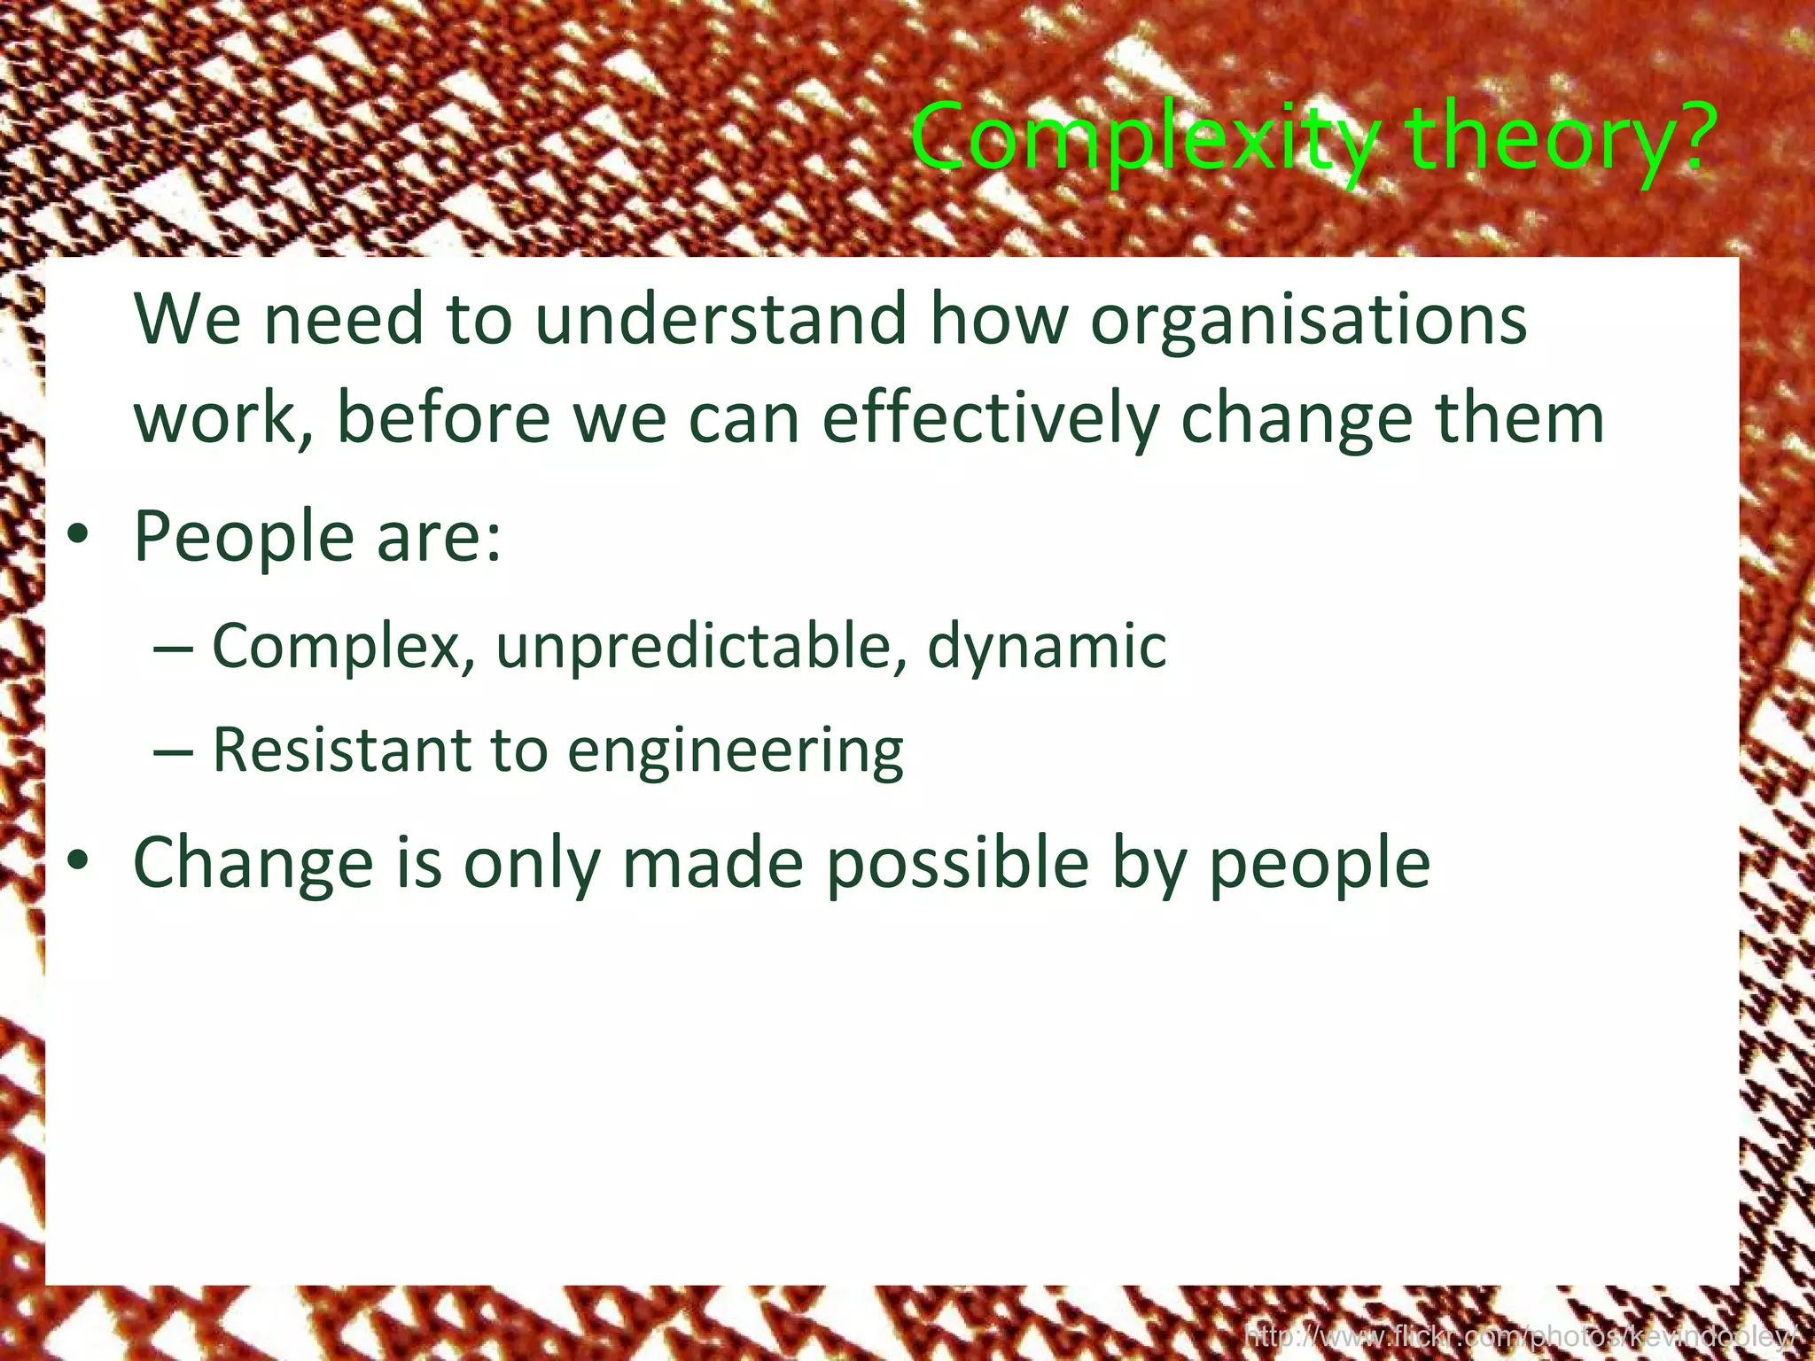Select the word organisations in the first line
coord(1309,319)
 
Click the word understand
coord(721,319)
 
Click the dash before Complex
coord(173,649)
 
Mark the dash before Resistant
coord(173,752)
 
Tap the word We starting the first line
coord(187,319)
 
